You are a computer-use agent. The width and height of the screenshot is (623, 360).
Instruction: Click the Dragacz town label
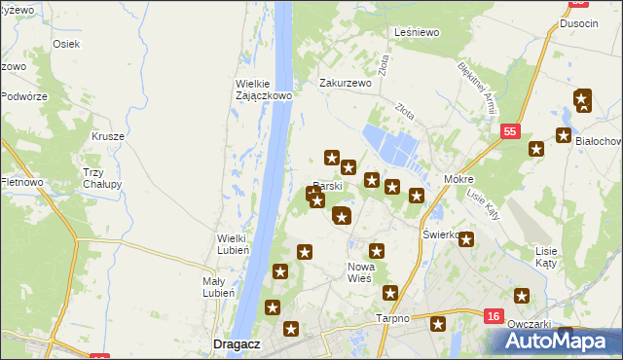[x=234, y=343]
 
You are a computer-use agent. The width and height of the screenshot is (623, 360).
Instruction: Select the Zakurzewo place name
[x=347, y=84]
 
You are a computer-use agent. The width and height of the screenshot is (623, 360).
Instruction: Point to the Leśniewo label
[x=418, y=32]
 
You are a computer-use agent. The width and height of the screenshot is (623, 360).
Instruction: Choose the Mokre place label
[x=458, y=180]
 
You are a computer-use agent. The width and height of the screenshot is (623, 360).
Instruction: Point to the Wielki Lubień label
[x=234, y=243]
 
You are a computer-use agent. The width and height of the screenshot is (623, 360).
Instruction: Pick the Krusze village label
[x=108, y=136]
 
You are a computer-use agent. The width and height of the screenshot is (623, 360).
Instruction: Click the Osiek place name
[x=66, y=45]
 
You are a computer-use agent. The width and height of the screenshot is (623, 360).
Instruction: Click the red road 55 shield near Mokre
[x=510, y=129]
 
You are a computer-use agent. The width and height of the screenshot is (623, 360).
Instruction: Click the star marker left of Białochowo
[x=563, y=136]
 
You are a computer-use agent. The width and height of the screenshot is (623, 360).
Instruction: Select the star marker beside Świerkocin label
[x=466, y=239]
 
